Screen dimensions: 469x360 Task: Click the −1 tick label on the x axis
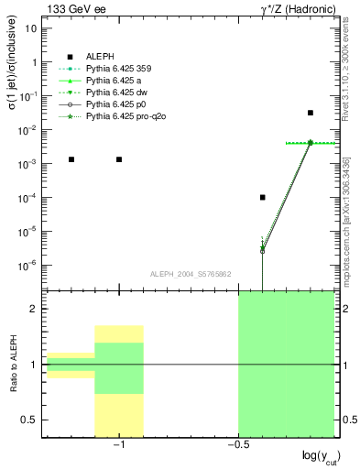[117, 444]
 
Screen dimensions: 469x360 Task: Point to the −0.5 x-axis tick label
[236, 444]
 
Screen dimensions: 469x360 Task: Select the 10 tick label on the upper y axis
[31, 28]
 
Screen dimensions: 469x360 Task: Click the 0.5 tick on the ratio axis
[29, 420]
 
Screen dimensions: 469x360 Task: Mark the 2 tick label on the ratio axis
[34, 309]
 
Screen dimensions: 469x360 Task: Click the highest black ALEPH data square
[311, 113]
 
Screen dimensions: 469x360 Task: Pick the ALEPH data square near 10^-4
[263, 197]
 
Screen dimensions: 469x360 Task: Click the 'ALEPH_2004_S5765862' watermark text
[190, 274]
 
